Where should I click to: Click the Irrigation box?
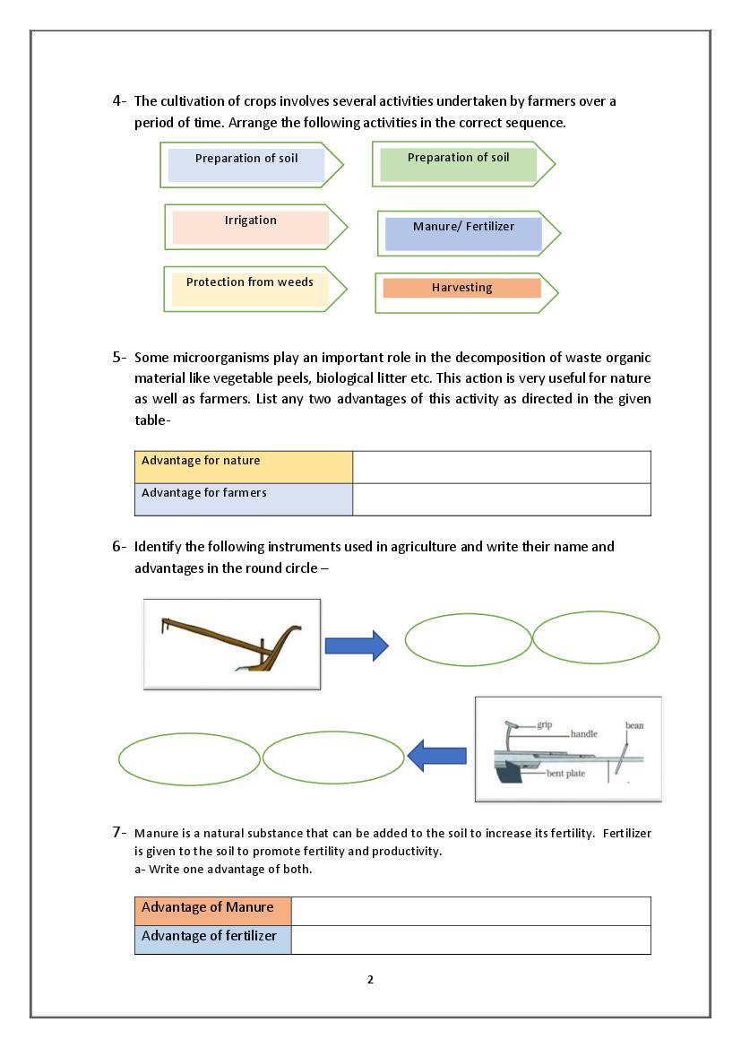point(251,227)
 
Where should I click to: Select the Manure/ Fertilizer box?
point(463,233)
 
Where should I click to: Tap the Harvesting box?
point(461,289)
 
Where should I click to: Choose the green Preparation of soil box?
point(458,164)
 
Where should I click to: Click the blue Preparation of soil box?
point(246,165)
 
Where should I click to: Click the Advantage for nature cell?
point(244,467)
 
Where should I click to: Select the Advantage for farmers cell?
point(244,499)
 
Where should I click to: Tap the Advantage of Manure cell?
point(213,911)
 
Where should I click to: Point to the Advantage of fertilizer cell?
point(213,940)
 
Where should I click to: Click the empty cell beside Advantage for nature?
point(502,467)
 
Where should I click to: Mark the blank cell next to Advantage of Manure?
point(470,911)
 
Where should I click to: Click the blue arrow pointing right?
point(356,645)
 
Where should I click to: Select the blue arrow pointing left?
point(436,758)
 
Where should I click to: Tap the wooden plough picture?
point(232,644)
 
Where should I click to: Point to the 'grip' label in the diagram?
point(545,724)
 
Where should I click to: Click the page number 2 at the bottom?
point(370,979)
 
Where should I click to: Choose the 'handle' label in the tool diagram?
point(583,734)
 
